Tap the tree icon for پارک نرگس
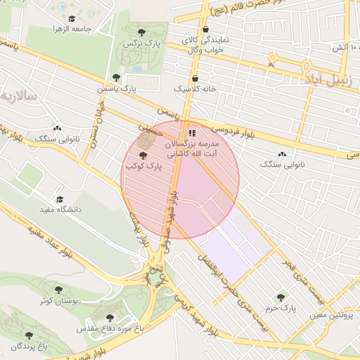click(x=141, y=32)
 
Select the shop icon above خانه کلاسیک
click(x=195, y=78)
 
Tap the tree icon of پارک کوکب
click(x=143, y=155)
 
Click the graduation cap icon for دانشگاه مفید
click(x=60, y=199)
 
